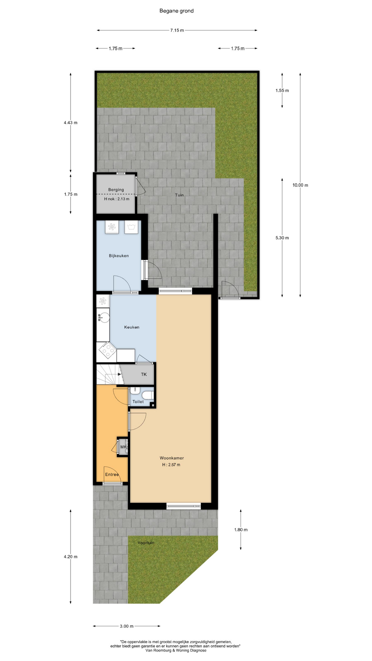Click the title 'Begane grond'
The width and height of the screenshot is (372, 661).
coord(176,11)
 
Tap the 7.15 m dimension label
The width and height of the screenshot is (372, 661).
coord(177,30)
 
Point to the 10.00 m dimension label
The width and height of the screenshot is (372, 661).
coord(300,185)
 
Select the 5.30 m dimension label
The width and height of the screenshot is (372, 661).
coord(282,238)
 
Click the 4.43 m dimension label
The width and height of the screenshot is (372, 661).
coord(71,123)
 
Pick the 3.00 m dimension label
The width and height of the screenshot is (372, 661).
coord(126,626)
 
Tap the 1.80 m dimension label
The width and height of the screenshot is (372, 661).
coord(241,530)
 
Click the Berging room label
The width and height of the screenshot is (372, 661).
coord(116,190)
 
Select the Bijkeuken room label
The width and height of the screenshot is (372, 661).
coord(119,256)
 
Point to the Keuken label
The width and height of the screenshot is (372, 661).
coord(132,327)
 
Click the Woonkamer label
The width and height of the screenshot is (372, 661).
coord(172,458)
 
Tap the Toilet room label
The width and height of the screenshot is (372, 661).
coord(138,402)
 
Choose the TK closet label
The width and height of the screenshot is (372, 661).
coord(144,375)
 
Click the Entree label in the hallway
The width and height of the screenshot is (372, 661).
coord(112,475)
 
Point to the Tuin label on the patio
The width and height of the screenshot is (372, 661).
coord(179,195)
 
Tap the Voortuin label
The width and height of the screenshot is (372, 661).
coord(146,543)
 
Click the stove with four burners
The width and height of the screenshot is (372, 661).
coord(107,350)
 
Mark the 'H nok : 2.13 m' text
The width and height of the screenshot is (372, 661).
coord(117,199)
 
